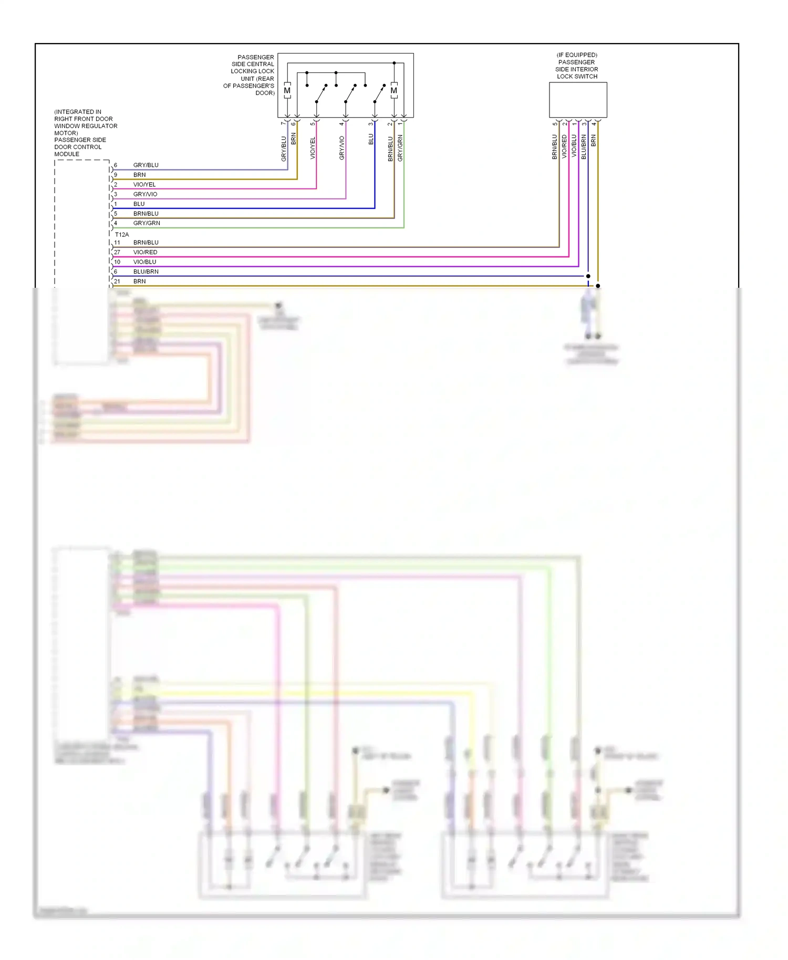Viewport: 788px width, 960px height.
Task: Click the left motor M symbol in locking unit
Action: point(287,90)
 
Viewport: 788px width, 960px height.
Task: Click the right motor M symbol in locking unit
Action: point(394,90)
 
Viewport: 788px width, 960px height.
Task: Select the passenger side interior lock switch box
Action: point(578,100)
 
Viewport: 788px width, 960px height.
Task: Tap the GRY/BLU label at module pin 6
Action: point(146,165)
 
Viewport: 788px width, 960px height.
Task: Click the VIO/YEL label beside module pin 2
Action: point(144,184)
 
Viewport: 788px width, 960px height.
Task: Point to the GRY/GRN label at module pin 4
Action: point(147,223)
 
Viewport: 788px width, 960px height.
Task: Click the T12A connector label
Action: point(122,235)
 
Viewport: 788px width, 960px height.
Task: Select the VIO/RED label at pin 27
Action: point(145,252)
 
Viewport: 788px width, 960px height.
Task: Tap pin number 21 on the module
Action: point(117,281)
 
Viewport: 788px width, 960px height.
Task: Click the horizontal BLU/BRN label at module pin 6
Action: point(146,272)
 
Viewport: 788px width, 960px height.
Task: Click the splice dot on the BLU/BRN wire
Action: point(588,276)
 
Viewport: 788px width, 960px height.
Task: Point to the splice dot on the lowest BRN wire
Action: point(598,286)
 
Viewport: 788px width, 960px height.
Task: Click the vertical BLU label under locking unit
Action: point(371,139)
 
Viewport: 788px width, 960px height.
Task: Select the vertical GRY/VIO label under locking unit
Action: point(342,148)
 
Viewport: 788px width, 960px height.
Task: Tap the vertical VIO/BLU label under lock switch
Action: point(574,145)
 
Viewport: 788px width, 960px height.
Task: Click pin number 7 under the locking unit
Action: point(283,123)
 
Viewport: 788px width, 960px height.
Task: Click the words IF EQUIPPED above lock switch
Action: point(577,55)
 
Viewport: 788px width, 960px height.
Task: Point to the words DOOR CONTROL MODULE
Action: point(78,151)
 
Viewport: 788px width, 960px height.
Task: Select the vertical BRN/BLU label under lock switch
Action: point(554,147)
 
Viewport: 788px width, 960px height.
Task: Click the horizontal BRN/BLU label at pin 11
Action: point(146,243)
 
